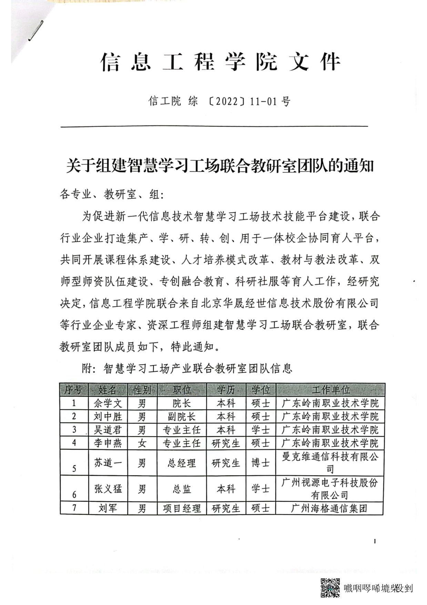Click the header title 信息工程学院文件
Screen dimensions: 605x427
click(x=221, y=62)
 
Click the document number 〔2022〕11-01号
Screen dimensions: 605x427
click(x=220, y=101)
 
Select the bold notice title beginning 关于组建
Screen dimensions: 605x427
click(x=220, y=166)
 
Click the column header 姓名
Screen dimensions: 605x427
click(x=108, y=390)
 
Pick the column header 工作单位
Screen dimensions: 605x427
click(x=330, y=390)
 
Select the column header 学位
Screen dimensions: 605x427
click(x=261, y=390)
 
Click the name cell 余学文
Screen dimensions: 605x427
click(x=108, y=403)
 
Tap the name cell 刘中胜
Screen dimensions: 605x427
click(x=108, y=417)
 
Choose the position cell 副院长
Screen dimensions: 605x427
click(x=182, y=417)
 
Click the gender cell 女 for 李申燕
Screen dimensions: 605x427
click(x=142, y=443)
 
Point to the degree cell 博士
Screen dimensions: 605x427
click(x=261, y=463)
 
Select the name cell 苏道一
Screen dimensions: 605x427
click(x=108, y=463)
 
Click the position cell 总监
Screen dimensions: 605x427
click(x=182, y=489)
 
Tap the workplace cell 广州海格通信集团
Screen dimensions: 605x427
click(x=329, y=508)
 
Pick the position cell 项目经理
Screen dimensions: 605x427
click(x=182, y=508)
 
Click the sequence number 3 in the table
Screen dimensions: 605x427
click(x=74, y=430)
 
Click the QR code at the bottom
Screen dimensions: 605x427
click(x=330, y=588)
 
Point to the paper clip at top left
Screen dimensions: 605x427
click(x=36, y=31)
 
